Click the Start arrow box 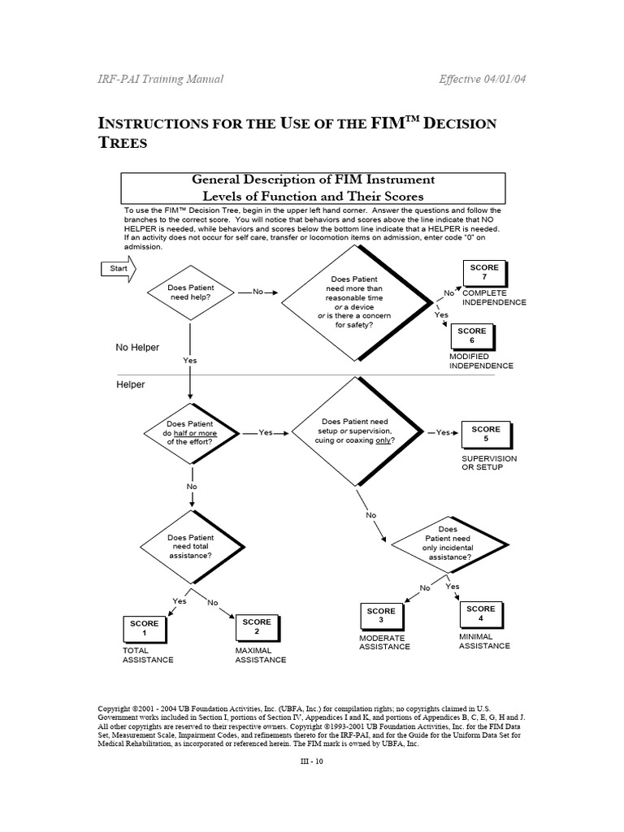[x=117, y=269]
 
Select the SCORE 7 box [x=484, y=273]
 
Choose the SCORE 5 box [x=486, y=434]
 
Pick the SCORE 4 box [x=481, y=613]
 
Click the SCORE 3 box [x=380, y=616]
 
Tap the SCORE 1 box [x=144, y=627]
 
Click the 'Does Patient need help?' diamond [x=191, y=293]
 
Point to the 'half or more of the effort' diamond [x=191, y=433]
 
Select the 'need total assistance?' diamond [x=191, y=546]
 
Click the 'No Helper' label [x=137, y=347]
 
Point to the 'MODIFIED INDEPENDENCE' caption [x=481, y=362]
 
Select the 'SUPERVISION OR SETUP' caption [x=488, y=463]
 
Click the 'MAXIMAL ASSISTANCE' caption [x=260, y=656]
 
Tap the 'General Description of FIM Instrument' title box [x=313, y=188]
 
